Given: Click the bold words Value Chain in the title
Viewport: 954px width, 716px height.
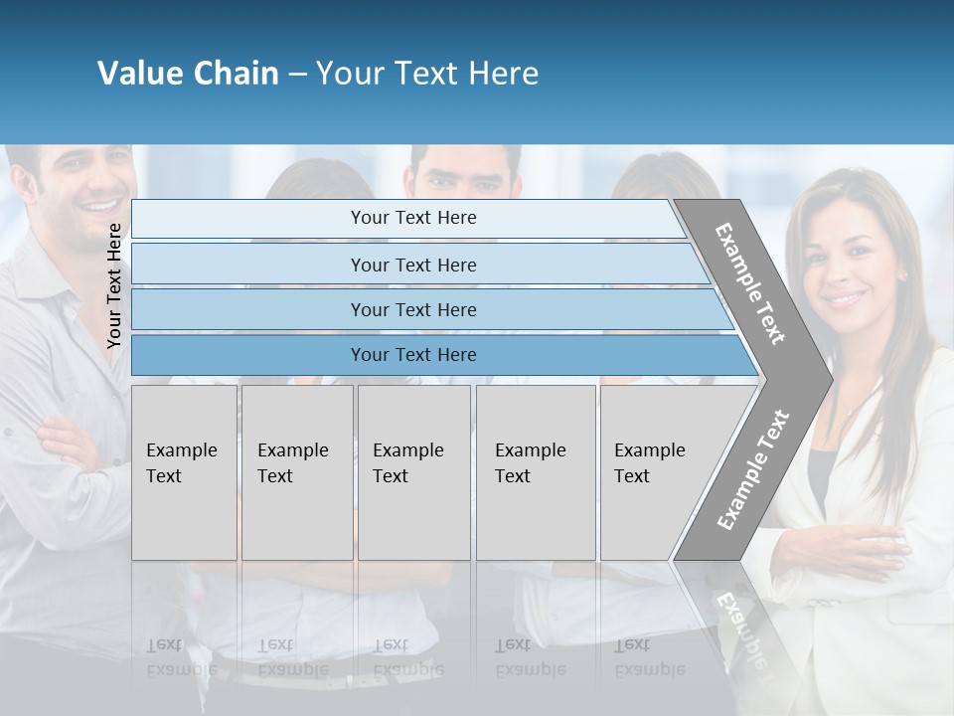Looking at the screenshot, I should click(x=188, y=74).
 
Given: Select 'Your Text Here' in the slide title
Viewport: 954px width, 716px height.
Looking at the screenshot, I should click(x=427, y=74).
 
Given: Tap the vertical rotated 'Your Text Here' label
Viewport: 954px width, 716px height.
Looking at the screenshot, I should click(x=114, y=285).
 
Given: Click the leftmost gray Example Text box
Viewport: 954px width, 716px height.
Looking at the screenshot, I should click(x=184, y=472).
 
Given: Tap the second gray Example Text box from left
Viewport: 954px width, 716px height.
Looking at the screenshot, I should click(x=296, y=472).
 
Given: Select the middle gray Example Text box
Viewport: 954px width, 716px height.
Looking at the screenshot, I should click(x=413, y=472).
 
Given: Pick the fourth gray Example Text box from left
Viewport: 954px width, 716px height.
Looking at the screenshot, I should click(x=535, y=472).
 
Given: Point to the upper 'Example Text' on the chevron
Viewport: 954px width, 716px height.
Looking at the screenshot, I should click(x=750, y=283).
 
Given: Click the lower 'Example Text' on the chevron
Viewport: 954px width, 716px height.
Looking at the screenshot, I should click(x=753, y=469).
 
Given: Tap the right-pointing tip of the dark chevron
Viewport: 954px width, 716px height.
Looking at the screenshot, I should click(x=827, y=378).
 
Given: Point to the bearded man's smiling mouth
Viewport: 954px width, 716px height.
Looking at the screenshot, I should click(x=97, y=207).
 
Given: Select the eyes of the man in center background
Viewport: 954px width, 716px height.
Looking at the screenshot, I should click(x=465, y=183).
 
